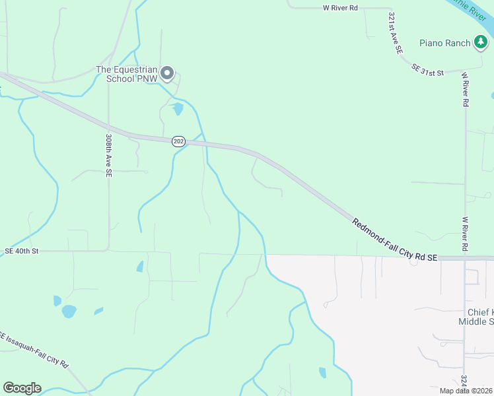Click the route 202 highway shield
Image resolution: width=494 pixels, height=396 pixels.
point(178,141)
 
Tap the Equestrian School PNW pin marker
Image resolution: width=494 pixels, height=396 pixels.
point(168,73)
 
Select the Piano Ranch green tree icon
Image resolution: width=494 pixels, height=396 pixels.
point(481,43)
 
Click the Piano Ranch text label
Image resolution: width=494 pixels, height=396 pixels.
point(444,44)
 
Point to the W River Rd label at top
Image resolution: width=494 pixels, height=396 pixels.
point(340,8)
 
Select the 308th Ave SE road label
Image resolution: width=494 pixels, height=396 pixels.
point(108,156)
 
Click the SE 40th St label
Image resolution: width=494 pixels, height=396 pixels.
point(22,251)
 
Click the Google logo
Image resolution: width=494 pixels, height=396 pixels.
point(22,388)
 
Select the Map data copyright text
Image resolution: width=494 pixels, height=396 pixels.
point(466,391)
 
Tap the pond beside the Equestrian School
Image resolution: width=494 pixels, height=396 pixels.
point(177,109)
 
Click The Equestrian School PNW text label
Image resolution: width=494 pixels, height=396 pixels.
point(127,74)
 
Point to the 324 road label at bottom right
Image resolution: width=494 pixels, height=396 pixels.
point(464,381)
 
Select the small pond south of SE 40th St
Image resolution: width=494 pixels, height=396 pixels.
point(140,267)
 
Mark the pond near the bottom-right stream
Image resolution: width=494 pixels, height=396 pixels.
point(322,372)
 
